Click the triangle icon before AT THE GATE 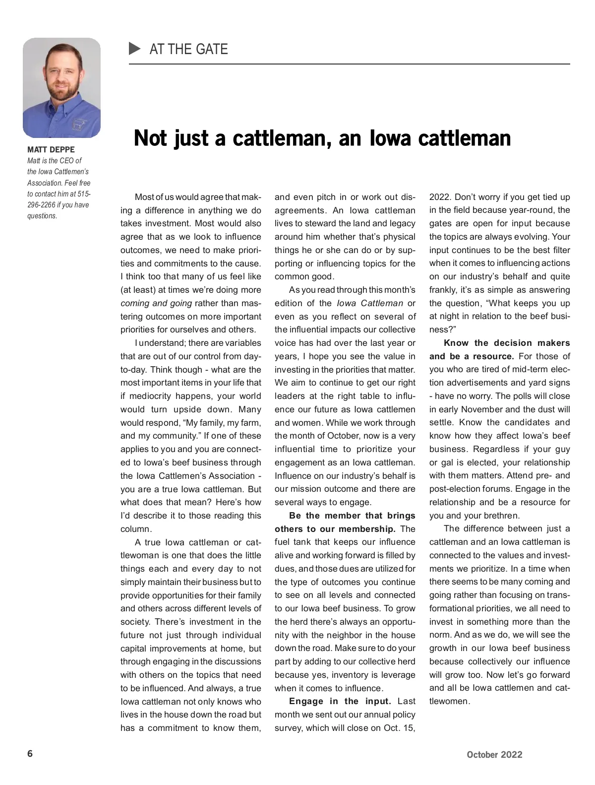pos(135,49)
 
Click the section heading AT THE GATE pos(188,49)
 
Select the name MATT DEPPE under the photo pos(51,149)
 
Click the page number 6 pos(30,754)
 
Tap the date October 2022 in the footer pos(494,755)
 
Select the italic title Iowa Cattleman pos(370,303)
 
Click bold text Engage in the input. pos(340,701)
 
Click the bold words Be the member pos(325,516)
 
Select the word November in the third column pos(481,409)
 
